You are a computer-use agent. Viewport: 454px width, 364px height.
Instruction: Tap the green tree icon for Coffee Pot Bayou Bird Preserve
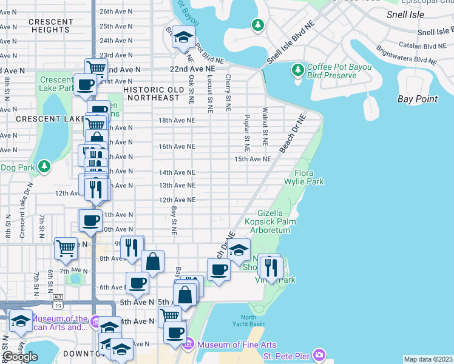(x=298, y=70)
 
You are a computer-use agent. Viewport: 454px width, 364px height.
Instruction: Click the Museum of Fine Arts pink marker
(x=188, y=345)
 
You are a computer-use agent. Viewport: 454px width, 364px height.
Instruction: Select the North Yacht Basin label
(x=248, y=321)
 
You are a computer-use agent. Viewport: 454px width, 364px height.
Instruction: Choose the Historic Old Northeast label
(x=151, y=93)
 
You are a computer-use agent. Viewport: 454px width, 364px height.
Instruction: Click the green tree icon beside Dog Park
(x=43, y=166)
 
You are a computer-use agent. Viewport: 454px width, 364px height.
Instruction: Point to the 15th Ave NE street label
(x=252, y=159)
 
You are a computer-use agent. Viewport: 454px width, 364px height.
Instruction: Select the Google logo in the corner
(x=21, y=357)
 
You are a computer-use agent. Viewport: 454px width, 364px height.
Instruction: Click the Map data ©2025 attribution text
(x=428, y=359)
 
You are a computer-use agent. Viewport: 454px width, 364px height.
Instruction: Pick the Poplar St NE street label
(x=247, y=133)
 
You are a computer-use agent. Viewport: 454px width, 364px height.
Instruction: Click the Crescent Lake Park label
(x=56, y=84)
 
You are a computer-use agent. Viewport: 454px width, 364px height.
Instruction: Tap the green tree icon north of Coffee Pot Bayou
(x=258, y=24)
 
